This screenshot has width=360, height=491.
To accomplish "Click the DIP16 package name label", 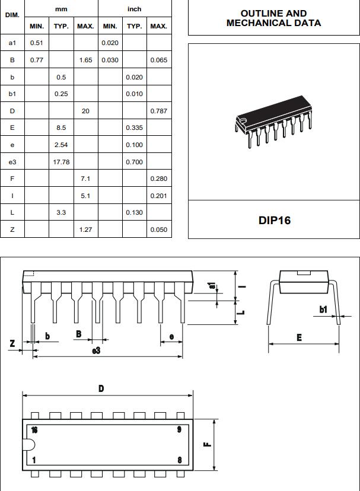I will point(274,220).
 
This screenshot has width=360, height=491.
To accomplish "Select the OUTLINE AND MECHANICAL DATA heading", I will point(273,18).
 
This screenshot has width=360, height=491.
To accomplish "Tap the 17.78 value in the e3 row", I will point(61,162).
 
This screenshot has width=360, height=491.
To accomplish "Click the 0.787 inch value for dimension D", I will point(158,111).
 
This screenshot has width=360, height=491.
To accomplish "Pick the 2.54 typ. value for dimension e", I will point(61,145).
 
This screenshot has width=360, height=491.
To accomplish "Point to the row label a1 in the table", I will point(12,43).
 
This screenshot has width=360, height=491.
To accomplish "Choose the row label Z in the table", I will point(12,229).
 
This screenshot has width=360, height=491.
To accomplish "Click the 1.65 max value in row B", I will point(85,60).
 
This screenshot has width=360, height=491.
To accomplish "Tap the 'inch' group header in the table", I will point(134,9).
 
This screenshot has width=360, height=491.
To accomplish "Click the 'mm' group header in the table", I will point(61,9).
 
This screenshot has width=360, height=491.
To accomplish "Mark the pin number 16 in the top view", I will point(34,430).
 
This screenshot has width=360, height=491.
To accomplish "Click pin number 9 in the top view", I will point(179,430).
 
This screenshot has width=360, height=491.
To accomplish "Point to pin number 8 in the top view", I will point(179,460).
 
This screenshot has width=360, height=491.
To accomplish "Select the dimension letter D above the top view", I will point(101,389).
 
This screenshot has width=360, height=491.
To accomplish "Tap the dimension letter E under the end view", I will point(299,337).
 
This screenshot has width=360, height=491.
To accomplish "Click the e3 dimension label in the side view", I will point(96,350).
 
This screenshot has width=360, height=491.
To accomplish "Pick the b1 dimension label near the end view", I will point(323,310).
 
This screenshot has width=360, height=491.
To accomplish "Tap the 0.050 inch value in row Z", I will point(158,229).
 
